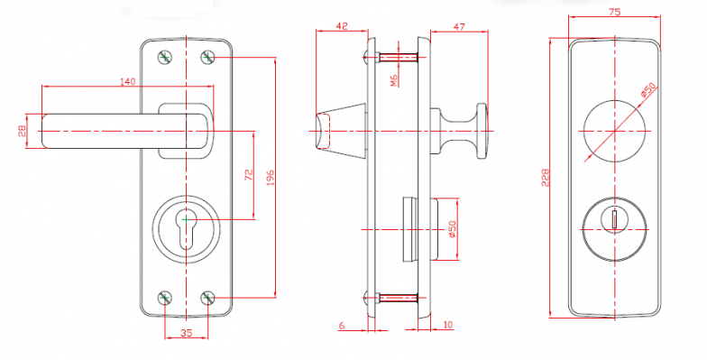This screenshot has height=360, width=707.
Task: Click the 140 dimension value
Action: coord(128,81)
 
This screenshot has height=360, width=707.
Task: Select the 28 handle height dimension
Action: coord(22,131)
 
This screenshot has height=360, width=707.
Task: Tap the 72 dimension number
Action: coord(249,175)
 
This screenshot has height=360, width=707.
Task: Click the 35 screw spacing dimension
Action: coord(186,333)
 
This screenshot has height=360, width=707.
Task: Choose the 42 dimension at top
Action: coord(343,26)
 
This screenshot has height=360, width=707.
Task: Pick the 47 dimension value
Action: coord(459,27)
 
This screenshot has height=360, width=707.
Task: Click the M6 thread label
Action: coord(395,80)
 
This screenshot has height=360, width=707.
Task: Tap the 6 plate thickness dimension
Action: coord(342,325)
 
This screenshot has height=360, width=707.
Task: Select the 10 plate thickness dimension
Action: coord(448,325)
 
